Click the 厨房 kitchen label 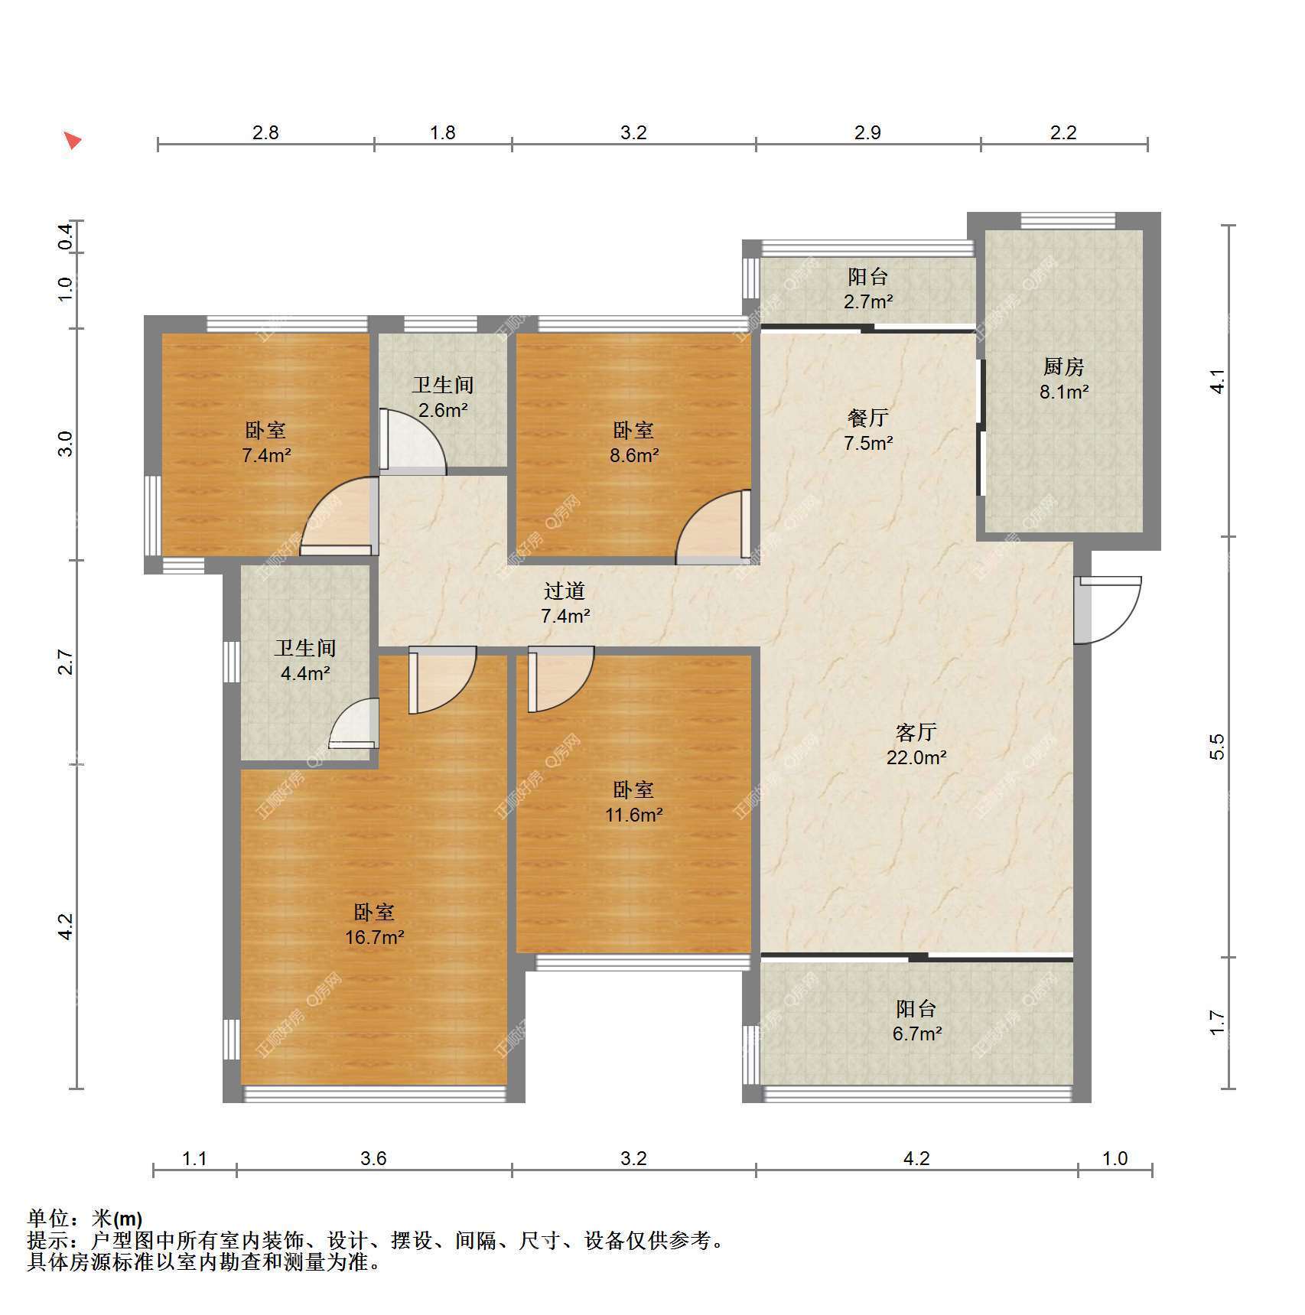click(x=1063, y=367)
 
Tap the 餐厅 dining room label click(x=868, y=418)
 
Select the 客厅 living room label click(x=916, y=732)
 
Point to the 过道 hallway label click(x=565, y=591)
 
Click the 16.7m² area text click(x=374, y=937)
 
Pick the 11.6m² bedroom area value click(x=633, y=815)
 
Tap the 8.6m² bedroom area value click(x=634, y=455)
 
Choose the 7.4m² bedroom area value click(x=266, y=455)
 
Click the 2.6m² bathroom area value click(x=443, y=410)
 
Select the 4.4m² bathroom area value click(x=305, y=674)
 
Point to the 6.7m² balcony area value click(x=916, y=1033)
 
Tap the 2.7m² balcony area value click(x=868, y=301)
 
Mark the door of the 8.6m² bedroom click(x=708, y=526)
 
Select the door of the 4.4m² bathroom click(x=353, y=723)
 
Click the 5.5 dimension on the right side click(x=1217, y=747)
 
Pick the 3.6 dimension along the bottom click(x=373, y=1158)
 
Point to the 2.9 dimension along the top click(x=867, y=132)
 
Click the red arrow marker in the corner click(x=72, y=140)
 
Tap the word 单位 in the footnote click(x=48, y=1218)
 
